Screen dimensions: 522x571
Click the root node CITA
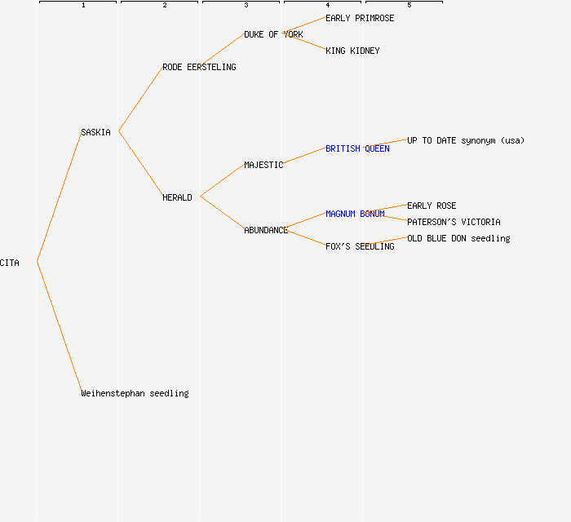pos(10,263)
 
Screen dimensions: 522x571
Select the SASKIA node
pos(95,132)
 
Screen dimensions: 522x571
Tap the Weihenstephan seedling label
pos(135,393)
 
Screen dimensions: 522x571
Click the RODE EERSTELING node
pos(199,67)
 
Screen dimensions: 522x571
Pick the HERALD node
pos(177,197)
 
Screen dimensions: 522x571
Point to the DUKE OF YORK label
pos(273,34)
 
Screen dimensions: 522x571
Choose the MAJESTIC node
pos(263,165)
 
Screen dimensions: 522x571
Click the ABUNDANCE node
pos(266,230)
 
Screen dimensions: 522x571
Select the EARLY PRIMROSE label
pos(360,18)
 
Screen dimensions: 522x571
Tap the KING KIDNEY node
pos(352,51)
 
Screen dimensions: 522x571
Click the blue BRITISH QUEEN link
pos(357,148)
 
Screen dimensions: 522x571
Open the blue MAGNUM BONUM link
pos(355,214)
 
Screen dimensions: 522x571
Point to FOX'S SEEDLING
pos(360,246)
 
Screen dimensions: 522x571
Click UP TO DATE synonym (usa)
pos(466,140)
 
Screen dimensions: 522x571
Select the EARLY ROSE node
pos(432,206)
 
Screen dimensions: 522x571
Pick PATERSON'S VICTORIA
pos(454,222)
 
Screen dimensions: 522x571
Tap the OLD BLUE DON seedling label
pos(458,238)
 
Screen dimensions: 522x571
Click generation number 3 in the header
pos(246,6)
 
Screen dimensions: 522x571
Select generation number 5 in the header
pos(409,6)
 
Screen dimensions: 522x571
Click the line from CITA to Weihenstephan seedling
pos(59,326)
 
